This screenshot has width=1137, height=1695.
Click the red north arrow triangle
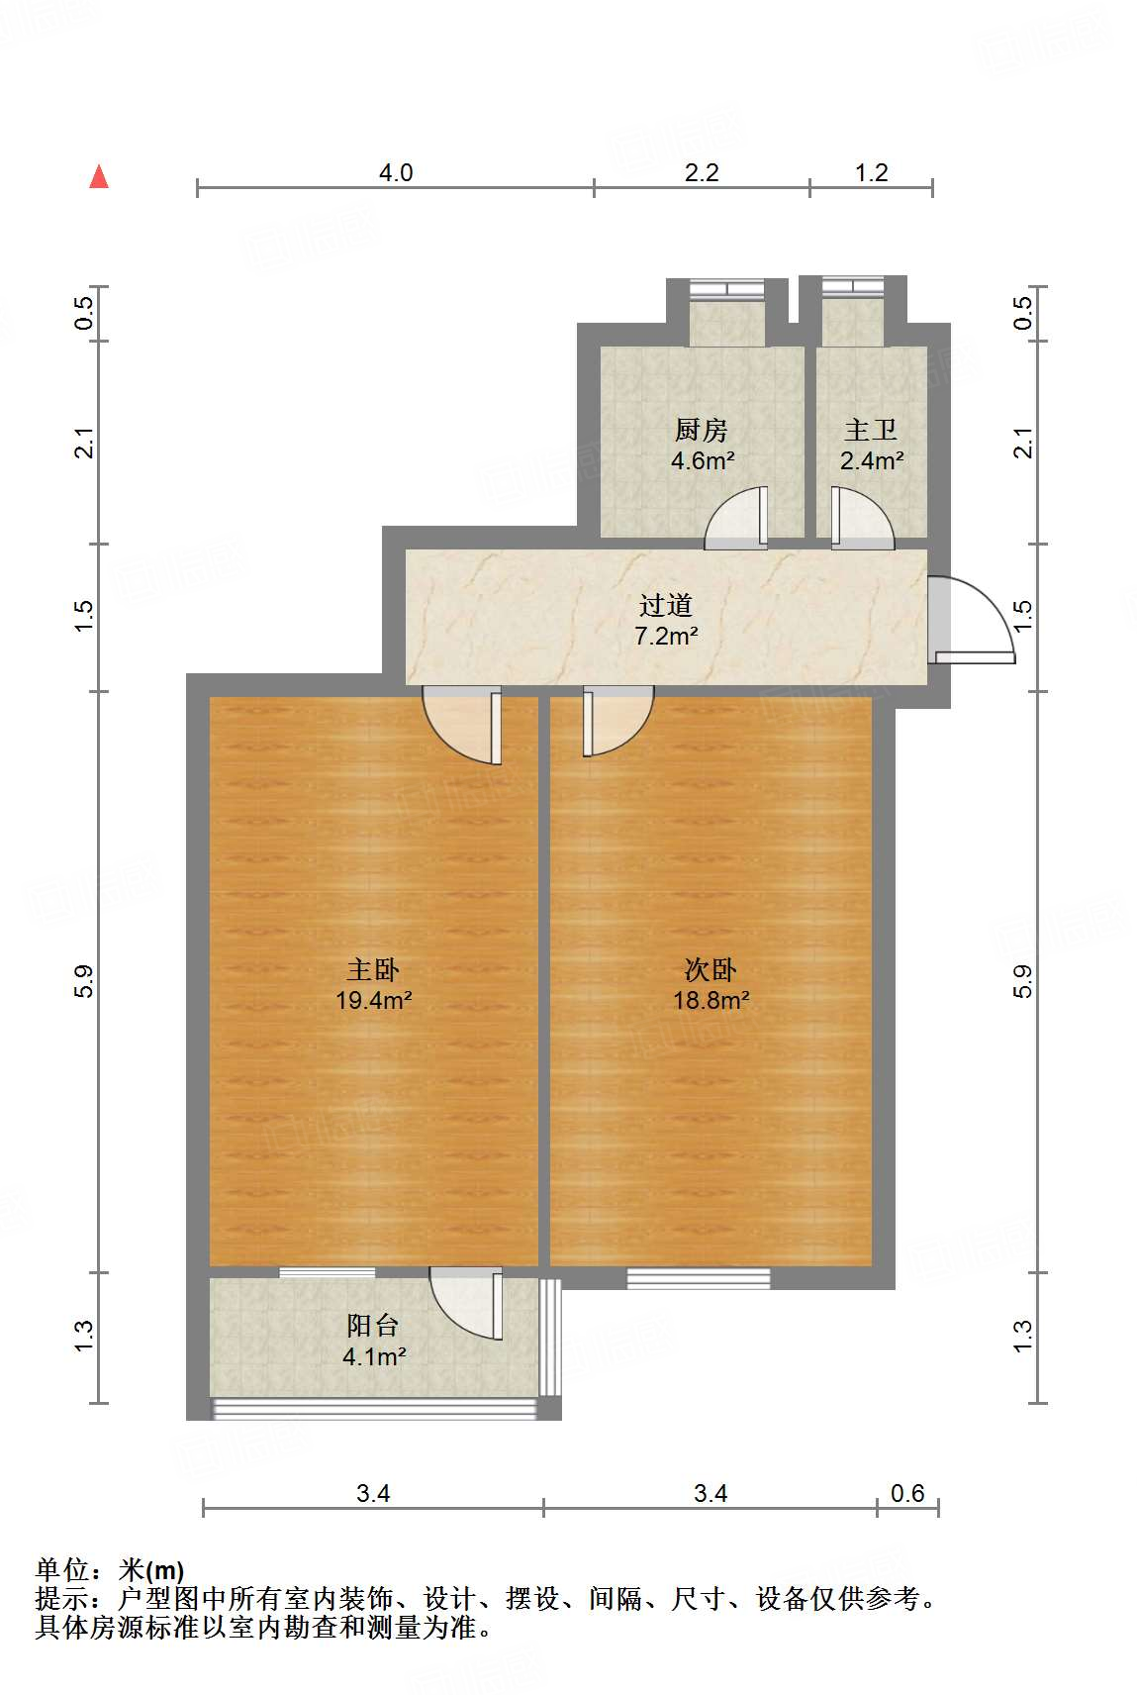pyautogui.click(x=99, y=176)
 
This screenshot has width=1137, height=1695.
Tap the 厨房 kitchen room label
pyautogui.click(x=701, y=430)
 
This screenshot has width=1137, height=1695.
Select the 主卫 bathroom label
pyautogui.click(x=871, y=430)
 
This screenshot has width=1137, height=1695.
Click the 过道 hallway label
pyautogui.click(x=665, y=605)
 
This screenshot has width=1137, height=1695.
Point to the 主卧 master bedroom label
pyautogui.click(x=372, y=969)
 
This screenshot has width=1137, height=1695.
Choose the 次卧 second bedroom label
pyautogui.click(x=711, y=969)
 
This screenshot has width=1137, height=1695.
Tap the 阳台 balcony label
pyautogui.click(x=372, y=1326)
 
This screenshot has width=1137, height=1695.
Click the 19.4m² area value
pyautogui.click(x=373, y=1000)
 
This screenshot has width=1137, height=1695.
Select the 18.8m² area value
pyautogui.click(x=711, y=1000)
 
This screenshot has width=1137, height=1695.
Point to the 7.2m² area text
pyautogui.click(x=666, y=636)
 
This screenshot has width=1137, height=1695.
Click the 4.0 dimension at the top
pyautogui.click(x=396, y=173)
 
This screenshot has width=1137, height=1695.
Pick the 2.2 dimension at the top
pyautogui.click(x=702, y=173)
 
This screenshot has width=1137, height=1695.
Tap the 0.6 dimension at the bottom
pyautogui.click(x=907, y=1493)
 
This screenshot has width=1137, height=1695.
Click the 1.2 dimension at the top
pyautogui.click(x=871, y=173)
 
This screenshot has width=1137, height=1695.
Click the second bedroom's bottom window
pyautogui.click(x=699, y=1278)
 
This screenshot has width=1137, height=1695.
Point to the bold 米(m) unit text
pyautogui.click(x=151, y=1570)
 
